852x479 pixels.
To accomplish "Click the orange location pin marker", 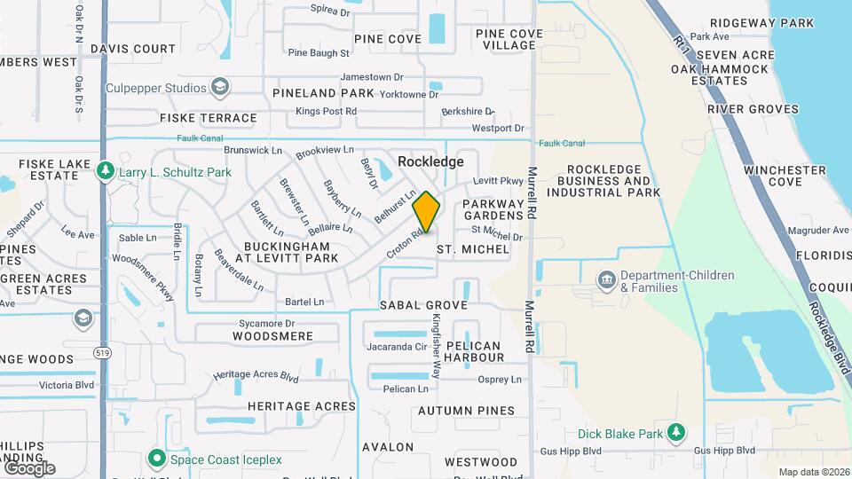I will [427, 212].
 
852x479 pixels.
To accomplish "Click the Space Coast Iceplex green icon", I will [157, 459].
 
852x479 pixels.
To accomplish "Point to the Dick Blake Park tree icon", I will [676, 433].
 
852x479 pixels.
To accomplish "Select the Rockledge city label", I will [430, 161].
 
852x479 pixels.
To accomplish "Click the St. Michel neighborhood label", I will [473, 250].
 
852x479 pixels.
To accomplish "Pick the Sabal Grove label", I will [423, 305].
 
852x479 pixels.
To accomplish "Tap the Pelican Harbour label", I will [473, 351].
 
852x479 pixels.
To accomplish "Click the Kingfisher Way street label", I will [436, 346].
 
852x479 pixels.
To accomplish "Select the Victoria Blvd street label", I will [67, 386].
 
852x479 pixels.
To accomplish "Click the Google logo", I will [29, 467].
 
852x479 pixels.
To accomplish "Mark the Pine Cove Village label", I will [509, 40].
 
